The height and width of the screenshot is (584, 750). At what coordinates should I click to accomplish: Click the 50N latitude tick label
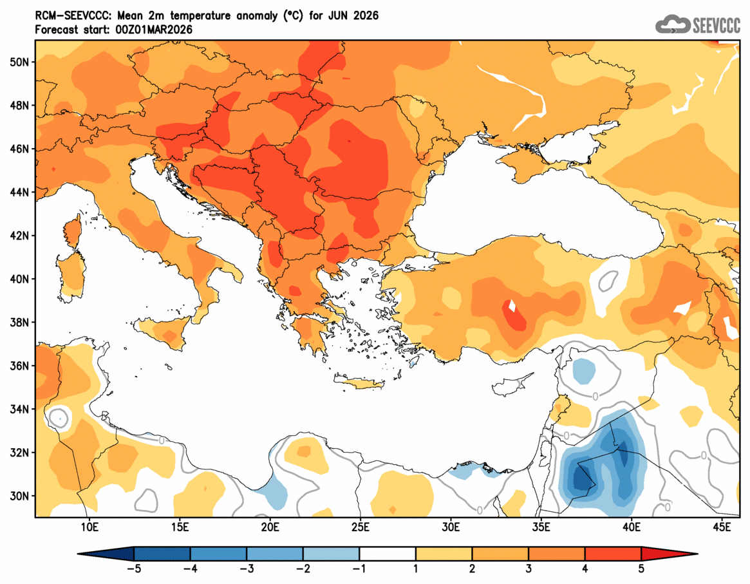(x=20, y=62)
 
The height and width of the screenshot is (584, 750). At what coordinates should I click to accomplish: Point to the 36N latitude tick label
(x=20, y=366)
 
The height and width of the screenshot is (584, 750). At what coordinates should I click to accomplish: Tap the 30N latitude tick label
(x=20, y=496)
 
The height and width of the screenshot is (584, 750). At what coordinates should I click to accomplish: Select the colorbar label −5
(x=134, y=569)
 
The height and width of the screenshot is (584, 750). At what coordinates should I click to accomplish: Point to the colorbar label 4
(x=585, y=569)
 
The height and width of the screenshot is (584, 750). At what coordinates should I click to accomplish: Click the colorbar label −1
(x=360, y=569)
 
